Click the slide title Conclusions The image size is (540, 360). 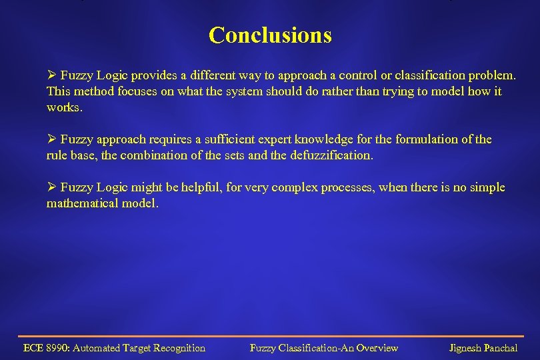coord(270,35)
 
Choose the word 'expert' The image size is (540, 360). coord(266,139)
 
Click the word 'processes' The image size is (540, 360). coord(351,187)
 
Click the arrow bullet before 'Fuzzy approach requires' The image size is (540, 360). coord(51,139)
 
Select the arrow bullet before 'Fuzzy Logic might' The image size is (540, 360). coord(51,187)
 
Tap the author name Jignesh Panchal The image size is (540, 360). coord(483,348)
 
